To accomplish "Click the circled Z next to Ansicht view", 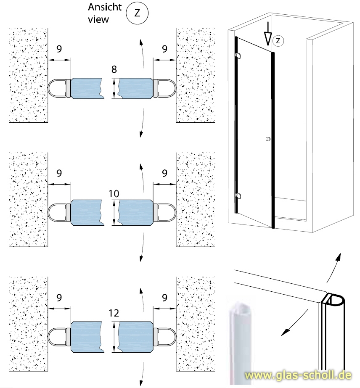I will coord(137,13).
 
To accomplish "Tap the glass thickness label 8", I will coord(114,69).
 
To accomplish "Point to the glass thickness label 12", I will coord(114,313).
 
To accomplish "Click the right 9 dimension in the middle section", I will coord(164,173).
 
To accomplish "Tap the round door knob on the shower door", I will coord(267,139).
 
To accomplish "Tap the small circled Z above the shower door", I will coord(278,40).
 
